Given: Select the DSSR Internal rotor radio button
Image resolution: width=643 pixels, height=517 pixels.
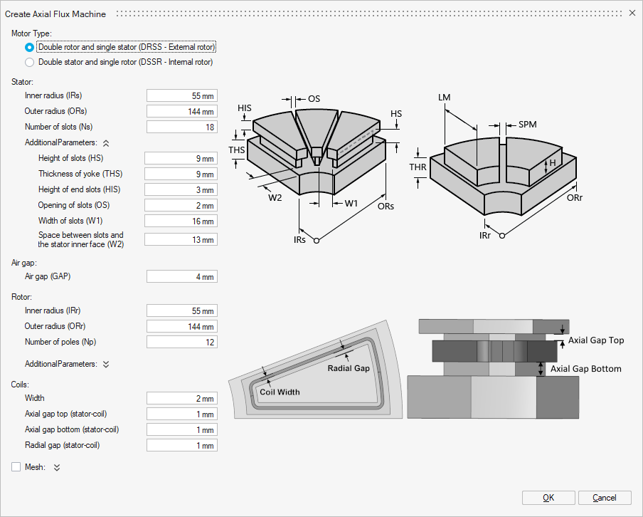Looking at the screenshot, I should tap(29, 62).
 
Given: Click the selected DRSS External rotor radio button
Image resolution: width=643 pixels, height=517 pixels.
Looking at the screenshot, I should tap(29, 47).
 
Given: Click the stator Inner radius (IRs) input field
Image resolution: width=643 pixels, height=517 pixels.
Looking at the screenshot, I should tap(181, 95).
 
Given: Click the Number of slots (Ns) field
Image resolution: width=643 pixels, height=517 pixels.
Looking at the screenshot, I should tap(181, 127).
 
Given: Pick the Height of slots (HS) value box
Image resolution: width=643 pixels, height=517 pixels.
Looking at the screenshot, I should tap(180, 158).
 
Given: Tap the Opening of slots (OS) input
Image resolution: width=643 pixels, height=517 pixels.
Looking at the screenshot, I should tap(180, 205).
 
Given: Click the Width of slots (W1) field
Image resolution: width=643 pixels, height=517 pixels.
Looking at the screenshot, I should tap(180, 221).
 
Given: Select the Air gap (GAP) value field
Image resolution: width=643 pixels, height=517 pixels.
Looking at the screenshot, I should tap(181, 276).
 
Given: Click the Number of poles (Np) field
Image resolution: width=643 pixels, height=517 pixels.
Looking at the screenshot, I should tap(181, 342).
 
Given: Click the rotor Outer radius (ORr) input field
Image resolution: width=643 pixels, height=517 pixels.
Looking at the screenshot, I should tap(181, 326).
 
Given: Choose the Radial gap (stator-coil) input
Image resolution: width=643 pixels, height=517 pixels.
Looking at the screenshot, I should tap(181, 446).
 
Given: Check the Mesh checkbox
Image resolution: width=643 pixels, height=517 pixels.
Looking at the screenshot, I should tap(16, 467).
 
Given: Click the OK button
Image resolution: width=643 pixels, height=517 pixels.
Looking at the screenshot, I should tap(548, 498).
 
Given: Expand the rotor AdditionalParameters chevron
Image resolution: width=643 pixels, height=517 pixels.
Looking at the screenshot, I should tap(106, 364).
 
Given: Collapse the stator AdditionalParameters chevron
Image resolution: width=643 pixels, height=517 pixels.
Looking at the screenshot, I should tap(106, 142).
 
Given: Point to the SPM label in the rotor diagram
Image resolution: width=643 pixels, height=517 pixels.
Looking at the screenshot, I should tap(527, 125).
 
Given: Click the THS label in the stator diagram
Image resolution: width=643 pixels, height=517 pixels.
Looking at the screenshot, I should tap(237, 150).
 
